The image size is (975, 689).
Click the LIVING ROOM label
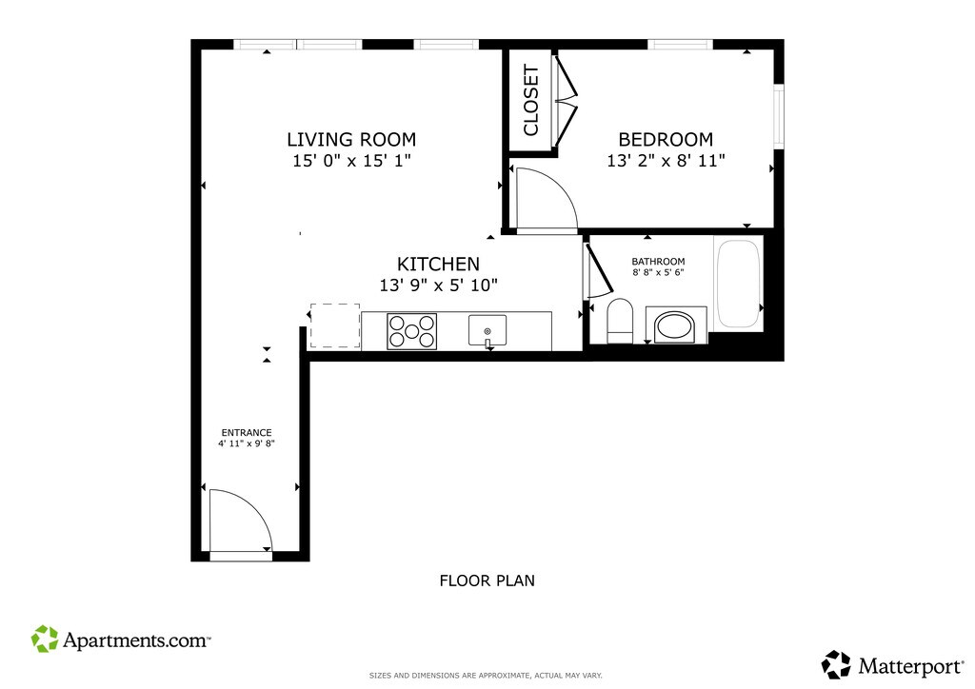(351, 139)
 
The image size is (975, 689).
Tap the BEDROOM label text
(666, 139)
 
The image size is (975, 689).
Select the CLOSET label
(531, 100)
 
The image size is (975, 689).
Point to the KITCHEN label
(438, 264)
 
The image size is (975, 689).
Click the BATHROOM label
(658, 262)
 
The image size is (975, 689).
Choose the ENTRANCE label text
(247, 432)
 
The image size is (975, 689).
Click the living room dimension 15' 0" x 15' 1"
(352, 161)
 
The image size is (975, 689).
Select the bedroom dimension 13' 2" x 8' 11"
(666, 161)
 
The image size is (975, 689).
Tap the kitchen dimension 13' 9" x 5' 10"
(438, 285)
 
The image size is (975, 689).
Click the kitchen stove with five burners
(411, 331)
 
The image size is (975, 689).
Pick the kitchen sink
(487, 330)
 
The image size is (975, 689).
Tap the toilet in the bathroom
(619, 321)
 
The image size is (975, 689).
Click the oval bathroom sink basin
(676, 325)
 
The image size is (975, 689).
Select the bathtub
(738, 284)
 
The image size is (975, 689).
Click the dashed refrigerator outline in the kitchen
(335, 325)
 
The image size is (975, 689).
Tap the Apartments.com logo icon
(45, 639)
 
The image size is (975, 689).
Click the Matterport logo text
(911, 666)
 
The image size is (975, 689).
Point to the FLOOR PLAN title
(487, 581)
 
